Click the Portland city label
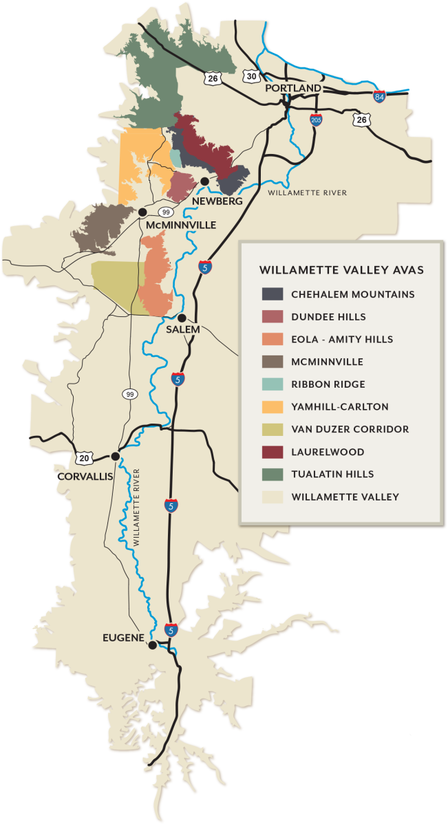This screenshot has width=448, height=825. click(x=293, y=88)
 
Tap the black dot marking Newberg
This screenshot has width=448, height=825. click(x=204, y=181)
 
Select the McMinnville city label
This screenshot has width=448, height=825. click(x=181, y=225)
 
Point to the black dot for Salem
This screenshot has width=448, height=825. click(x=182, y=318)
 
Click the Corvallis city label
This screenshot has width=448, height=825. click(x=85, y=476)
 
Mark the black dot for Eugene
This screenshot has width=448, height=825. click(x=152, y=645)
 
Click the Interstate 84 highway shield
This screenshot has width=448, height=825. click(x=379, y=97)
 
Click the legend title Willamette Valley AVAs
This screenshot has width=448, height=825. click(x=341, y=269)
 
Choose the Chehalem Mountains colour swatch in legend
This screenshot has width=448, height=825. click(x=273, y=294)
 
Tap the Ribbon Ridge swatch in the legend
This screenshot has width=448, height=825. click(x=273, y=384)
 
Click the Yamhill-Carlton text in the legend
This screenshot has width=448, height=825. click(x=339, y=407)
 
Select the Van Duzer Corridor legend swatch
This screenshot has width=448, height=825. click(x=273, y=430)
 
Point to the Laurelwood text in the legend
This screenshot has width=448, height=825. click(x=328, y=452)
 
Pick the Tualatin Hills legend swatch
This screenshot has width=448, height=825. click(x=273, y=474)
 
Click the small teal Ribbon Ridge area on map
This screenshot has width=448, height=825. click(x=176, y=158)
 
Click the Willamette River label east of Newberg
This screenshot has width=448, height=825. click(x=308, y=193)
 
